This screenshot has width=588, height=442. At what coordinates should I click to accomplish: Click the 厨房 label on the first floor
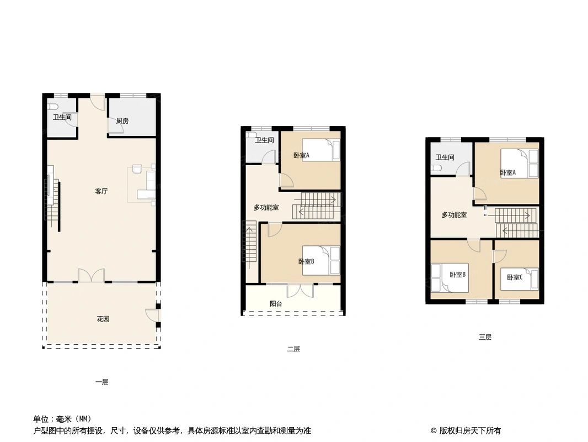pyautogui.click(x=122, y=121)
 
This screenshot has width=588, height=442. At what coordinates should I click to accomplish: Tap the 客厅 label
pyautogui.click(x=101, y=192)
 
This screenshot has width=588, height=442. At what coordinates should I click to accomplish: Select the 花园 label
pyautogui.click(x=103, y=319)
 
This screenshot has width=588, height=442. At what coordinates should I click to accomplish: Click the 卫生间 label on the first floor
pyautogui.click(x=62, y=117)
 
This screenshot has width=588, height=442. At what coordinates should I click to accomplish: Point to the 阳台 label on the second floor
pyautogui.click(x=276, y=303)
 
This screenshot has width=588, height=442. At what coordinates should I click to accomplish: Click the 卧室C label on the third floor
pyautogui.click(x=515, y=277)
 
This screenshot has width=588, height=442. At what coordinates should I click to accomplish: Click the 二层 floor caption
pyautogui.click(x=293, y=349)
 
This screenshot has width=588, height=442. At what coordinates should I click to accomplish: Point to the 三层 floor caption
pyautogui.click(x=485, y=337)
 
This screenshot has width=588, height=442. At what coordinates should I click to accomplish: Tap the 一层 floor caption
pyautogui.click(x=101, y=382)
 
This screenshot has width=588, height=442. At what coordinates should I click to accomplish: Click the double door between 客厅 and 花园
pyautogui.click(x=91, y=276)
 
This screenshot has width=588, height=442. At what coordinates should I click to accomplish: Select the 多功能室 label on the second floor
pyautogui.click(x=266, y=208)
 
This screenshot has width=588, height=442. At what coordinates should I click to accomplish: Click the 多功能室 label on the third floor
pyautogui.click(x=454, y=215)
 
